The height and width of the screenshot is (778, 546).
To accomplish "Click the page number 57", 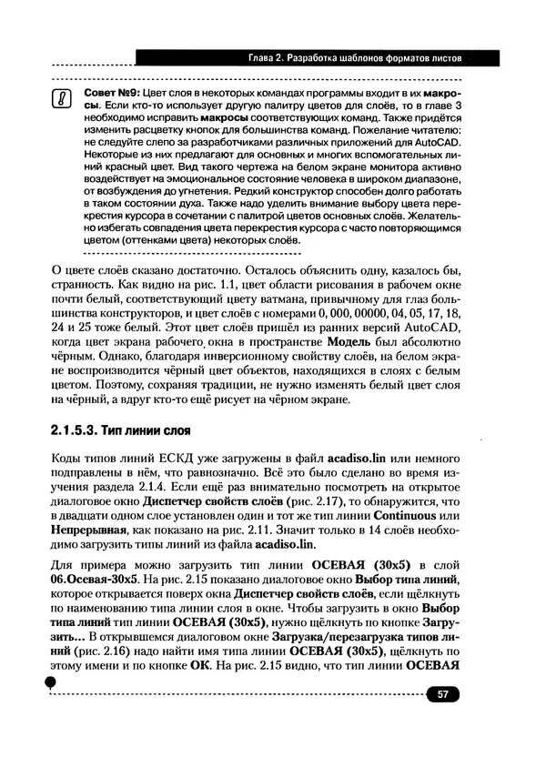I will point(443,695).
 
